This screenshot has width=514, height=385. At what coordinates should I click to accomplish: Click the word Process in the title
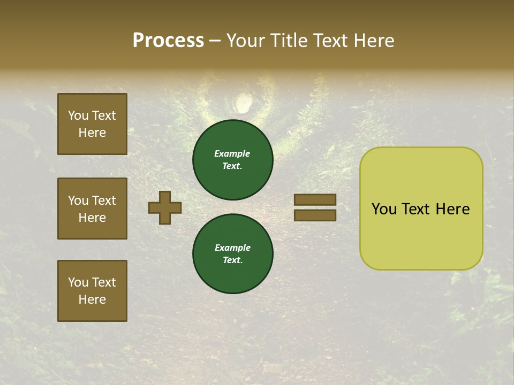168,41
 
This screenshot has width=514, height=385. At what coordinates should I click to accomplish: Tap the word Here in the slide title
373,41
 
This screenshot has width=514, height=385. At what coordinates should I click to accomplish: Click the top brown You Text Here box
92,124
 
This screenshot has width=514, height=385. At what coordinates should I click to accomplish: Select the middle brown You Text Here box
92,209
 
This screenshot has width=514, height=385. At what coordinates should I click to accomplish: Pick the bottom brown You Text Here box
92,291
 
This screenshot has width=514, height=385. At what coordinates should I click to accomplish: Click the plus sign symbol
165,207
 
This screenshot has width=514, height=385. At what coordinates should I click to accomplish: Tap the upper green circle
233,160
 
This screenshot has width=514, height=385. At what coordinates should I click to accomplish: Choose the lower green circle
233,254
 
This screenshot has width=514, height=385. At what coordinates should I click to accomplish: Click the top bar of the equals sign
315,200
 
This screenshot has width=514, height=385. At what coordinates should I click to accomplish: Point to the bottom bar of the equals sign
315,215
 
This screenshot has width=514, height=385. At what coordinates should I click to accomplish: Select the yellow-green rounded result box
421,209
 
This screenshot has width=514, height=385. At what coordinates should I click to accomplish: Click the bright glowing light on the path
244,103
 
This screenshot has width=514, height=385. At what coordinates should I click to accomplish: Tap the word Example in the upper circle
232,153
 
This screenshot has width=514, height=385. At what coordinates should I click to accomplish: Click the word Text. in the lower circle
232,260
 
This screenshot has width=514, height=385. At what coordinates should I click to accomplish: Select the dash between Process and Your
215,41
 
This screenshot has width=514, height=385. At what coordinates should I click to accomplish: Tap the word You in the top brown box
78,115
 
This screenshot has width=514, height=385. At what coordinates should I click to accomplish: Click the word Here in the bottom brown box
92,299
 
